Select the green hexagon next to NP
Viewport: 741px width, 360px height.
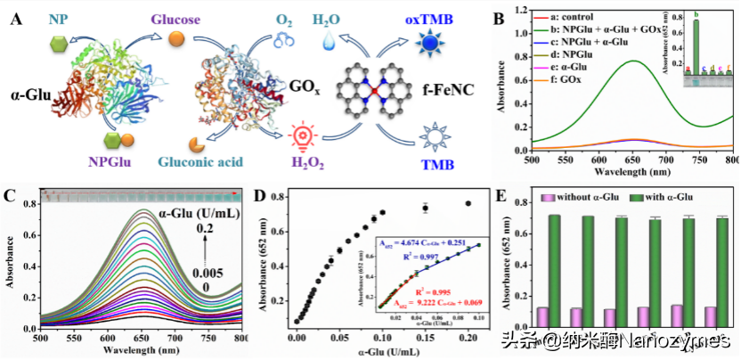click(29, 45)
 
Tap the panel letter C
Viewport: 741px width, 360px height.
click(11, 197)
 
